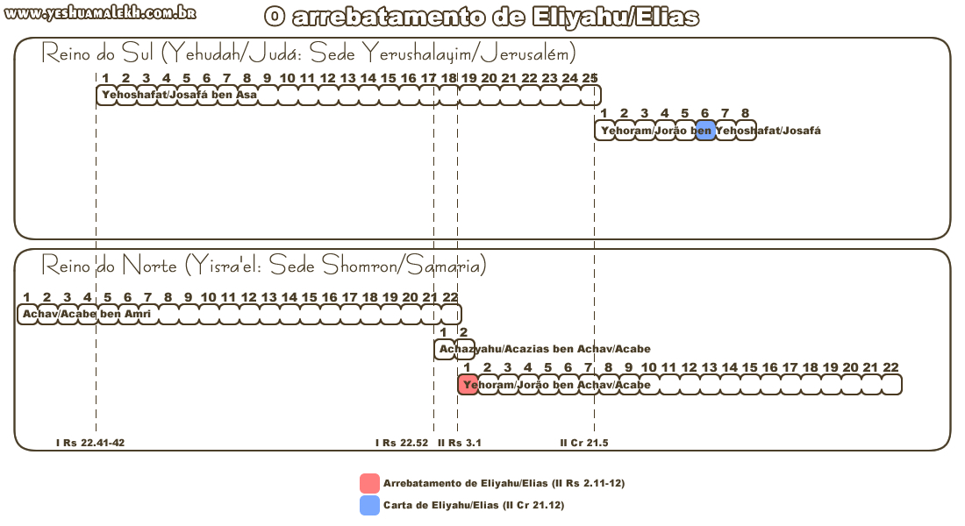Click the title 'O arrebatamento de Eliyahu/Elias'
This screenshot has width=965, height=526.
482,18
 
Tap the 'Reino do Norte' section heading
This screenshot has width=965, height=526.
263,265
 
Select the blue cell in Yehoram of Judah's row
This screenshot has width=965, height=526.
705,131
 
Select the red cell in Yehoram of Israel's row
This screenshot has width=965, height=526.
468,384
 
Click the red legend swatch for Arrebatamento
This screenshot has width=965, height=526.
369,483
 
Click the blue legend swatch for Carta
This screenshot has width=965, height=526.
369,505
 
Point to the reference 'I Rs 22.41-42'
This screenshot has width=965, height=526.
90,443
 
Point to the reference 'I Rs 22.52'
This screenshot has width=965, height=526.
402,443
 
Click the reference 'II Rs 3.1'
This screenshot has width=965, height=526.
459,443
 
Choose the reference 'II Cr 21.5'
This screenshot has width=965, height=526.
584,443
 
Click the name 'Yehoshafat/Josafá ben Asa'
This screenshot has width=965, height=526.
179,95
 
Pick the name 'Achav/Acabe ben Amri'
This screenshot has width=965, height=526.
87,314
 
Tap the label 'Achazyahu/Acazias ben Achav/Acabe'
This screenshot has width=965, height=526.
545,349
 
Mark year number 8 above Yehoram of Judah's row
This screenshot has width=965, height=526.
745,113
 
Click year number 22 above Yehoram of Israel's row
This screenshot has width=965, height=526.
890,367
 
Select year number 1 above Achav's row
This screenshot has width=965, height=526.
26,297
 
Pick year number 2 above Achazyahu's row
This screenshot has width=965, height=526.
463,332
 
